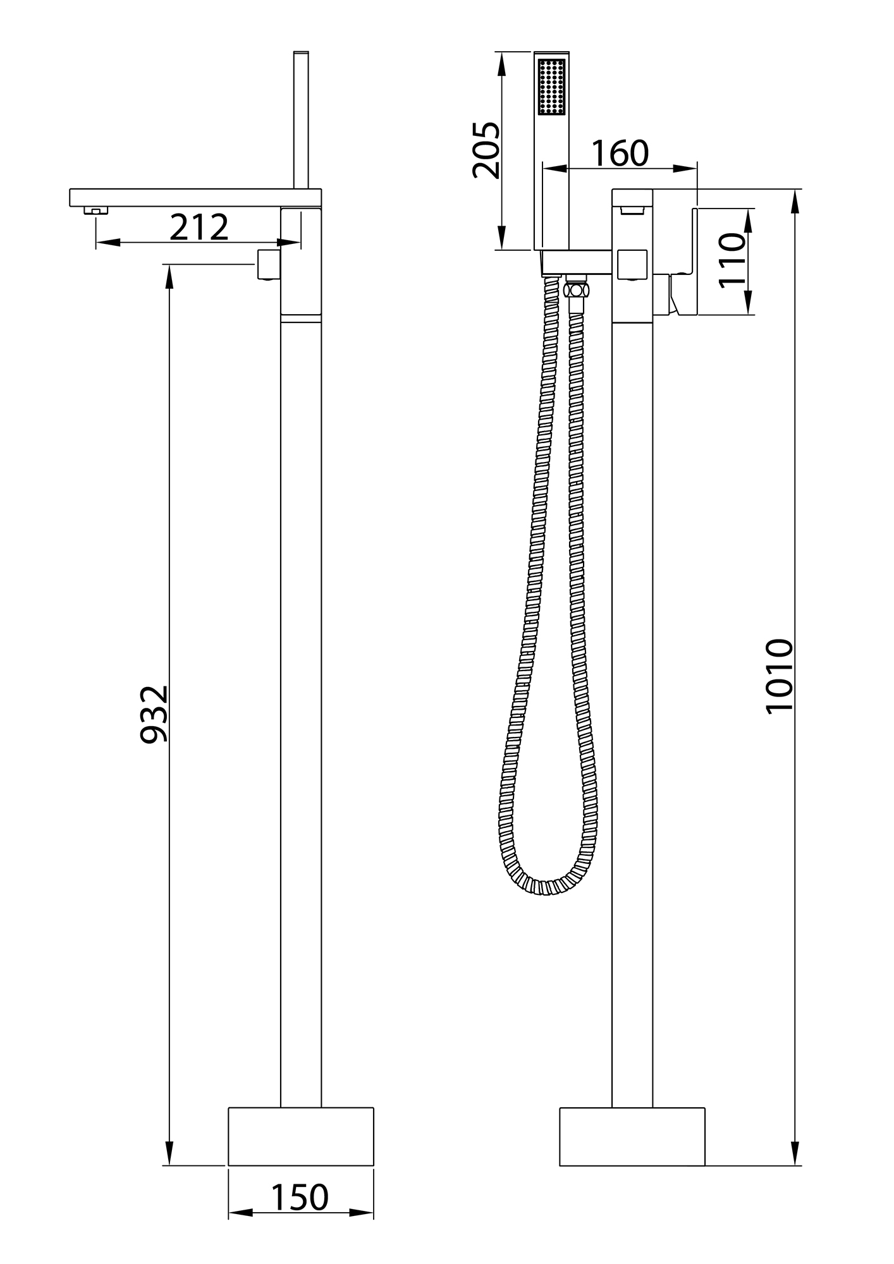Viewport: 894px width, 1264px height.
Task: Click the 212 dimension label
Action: [x=199, y=228]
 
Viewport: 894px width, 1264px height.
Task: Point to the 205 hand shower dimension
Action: [x=486, y=150]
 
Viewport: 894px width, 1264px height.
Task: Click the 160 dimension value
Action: [x=620, y=153]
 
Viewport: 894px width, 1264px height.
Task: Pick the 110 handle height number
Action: [x=733, y=260]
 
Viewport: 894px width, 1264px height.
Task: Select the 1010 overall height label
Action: [x=779, y=677]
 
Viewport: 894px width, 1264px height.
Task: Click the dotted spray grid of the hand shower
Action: [x=552, y=87]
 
